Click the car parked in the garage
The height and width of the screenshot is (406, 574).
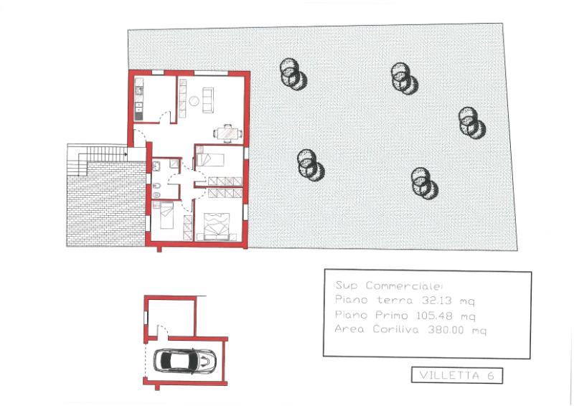click(x=184, y=361)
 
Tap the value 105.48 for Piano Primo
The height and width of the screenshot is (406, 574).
click(x=434, y=315)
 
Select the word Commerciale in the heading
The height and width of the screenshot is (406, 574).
click(x=404, y=286)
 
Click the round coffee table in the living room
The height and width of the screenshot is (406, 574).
click(x=194, y=100)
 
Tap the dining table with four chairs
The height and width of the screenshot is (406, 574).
click(x=227, y=133)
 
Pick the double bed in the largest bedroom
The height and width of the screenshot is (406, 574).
click(x=217, y=226)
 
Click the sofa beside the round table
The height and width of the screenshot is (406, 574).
click(x=208, y=100)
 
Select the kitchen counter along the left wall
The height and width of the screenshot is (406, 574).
click(x=139, y=99)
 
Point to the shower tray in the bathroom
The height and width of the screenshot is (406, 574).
click(x=174, y=164)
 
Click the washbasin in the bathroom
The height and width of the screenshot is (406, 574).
click(x=156, y=166)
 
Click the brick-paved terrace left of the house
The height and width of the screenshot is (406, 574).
click(x=106, y=204)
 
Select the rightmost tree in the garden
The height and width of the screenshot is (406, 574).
click(x=472, y=123)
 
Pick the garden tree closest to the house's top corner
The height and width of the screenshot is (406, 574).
click(x=293, y=75)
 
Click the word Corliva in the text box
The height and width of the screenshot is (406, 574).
click(x=395, y=329)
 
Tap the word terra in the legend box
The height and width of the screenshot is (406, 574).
click(x=395, y=301)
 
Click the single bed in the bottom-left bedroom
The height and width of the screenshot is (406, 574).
click(x=166, y=215)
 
